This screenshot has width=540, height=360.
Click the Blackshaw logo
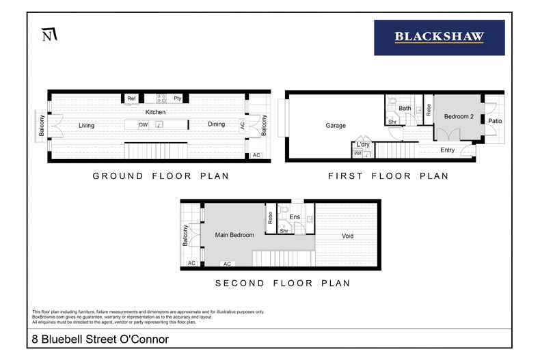tap(439, 38)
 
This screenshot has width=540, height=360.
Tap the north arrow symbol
tap(49, 34)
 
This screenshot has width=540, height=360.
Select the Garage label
tap(335, 126)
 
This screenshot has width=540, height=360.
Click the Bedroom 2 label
tap(459, 117)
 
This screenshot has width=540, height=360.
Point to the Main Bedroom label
tap(234, 236)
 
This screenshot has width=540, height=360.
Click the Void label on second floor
tap(348, 236)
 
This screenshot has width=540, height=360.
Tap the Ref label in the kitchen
tap(132, 99)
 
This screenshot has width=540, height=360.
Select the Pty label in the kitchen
tap(177, 99)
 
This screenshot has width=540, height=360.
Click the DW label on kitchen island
tap(143, 125)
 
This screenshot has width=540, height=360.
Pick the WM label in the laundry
tap(357, 154)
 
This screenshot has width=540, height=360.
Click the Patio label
tap(495, 121)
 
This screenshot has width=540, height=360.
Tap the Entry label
tap(448, 150)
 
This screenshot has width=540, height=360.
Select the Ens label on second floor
tap(295, 217)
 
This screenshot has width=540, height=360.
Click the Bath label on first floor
tap(405, 108)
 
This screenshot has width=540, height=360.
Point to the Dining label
tap(216, 125)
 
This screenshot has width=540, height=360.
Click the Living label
tap(86, 126)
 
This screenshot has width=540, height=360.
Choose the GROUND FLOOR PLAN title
tap(161, 176)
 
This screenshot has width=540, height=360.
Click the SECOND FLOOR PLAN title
tap(282, 283)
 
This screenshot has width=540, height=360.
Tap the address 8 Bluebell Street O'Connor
tap(100, 339)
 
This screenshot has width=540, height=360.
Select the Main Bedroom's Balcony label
tap(185, 236)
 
